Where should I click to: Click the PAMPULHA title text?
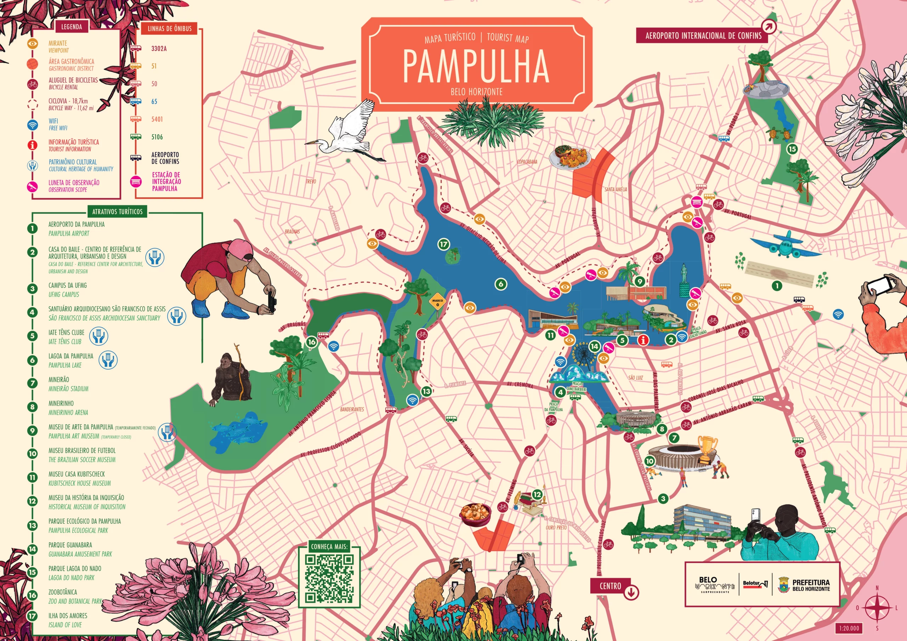pos(476,66)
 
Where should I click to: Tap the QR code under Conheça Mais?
pos(329,578)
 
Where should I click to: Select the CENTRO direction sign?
pos(611,586)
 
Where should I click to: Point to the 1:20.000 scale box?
pos(849,628)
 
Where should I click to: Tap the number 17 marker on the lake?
pos(444,244)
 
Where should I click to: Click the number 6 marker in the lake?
pos(501,284)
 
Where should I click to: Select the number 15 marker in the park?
pos(792,149)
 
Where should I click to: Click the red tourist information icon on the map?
pos(643,340)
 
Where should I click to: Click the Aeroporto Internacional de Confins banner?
pos(703,35)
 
